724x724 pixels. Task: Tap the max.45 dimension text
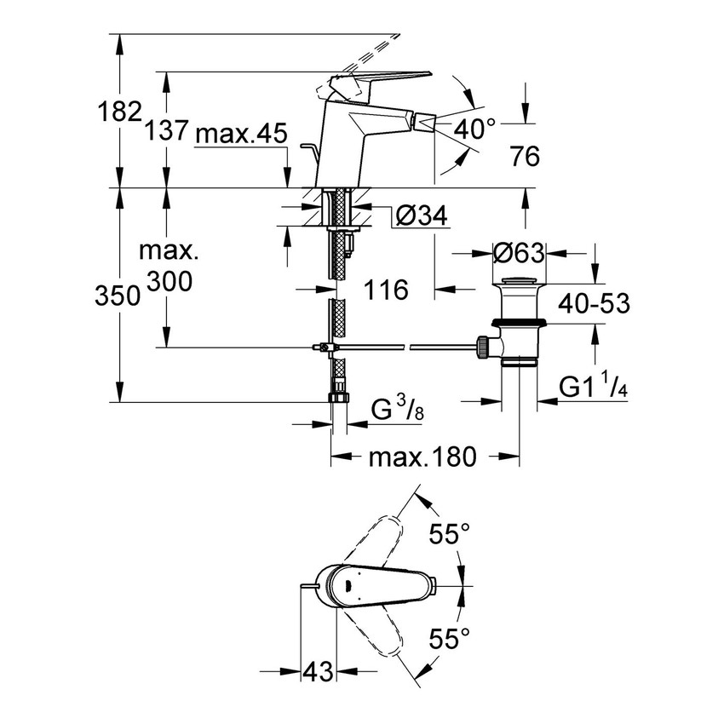[242, 135]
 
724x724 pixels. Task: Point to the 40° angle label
[474, 129]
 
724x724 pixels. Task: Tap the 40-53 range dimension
[595, 304]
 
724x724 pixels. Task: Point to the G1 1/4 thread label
[595, 388]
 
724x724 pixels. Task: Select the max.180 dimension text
[422, 457]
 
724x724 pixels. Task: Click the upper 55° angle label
[449, 534]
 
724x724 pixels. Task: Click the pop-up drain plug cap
[518, 282]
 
